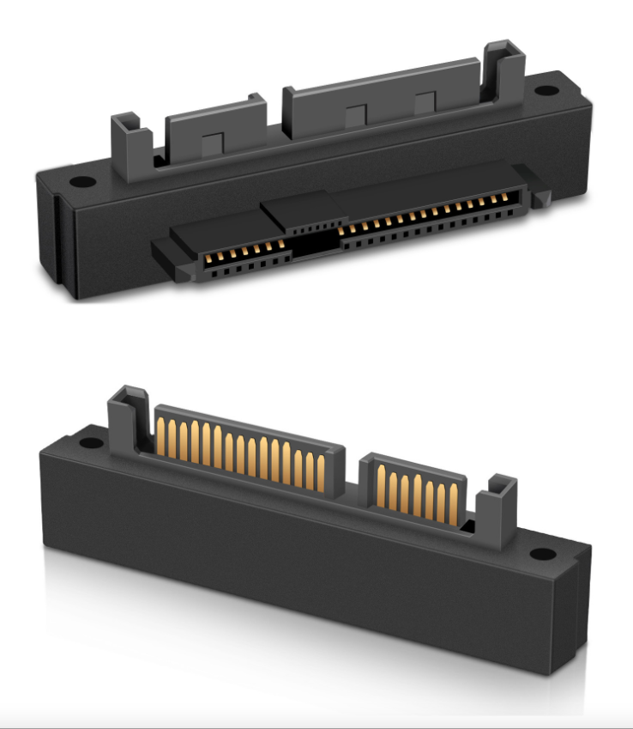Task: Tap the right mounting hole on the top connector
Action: point(546,88)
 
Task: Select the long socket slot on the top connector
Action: point(429,222)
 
